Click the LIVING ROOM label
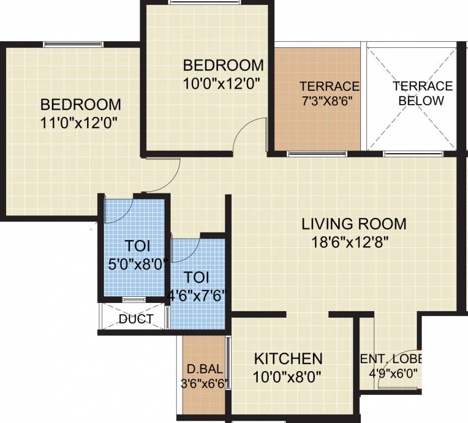tap(354, 224)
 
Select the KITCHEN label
tap(288, 359)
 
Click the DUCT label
tap(136, 319)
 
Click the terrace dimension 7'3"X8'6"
tap(326, 101)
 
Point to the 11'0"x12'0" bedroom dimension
tap(81, 122)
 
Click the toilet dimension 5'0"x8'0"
tap(137, 264)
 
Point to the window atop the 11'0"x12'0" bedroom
tap(73, 44)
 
